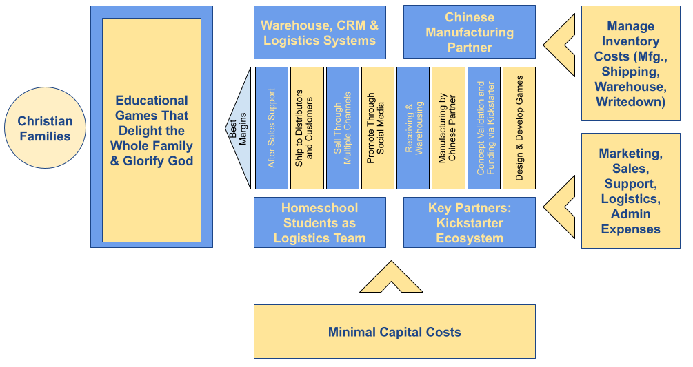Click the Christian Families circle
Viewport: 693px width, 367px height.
(x=45, y=129)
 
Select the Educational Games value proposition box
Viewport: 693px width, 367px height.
(x=152, y=130)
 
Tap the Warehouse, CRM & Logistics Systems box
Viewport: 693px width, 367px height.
(x=319, y=32)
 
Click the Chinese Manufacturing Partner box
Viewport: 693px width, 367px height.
(x=469, y=32)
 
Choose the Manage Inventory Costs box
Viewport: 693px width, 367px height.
(x=630, y=64)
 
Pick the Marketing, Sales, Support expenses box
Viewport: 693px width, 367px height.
(x=630, y=191)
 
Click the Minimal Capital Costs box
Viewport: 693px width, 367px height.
(x=394, y=332)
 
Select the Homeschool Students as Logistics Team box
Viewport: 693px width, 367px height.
(x=319, y=222)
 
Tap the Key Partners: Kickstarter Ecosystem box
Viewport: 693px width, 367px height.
(x=469, y=222)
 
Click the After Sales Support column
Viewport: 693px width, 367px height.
(x=272, y=128)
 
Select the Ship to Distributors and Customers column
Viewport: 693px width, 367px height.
(x=307, y=128)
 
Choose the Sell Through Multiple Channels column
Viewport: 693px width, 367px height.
(x=342, y=128)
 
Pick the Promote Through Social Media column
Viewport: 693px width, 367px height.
(x=377, y=128)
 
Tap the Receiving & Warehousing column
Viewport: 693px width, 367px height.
(x=413, y=128)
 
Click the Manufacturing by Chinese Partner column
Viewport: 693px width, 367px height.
(x=448, y=128)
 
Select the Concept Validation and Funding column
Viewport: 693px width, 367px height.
(x=484, y=128)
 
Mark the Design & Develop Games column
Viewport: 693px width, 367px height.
(x=519, y=128)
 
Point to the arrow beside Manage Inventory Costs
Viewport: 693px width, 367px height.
(x=560, y=46)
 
